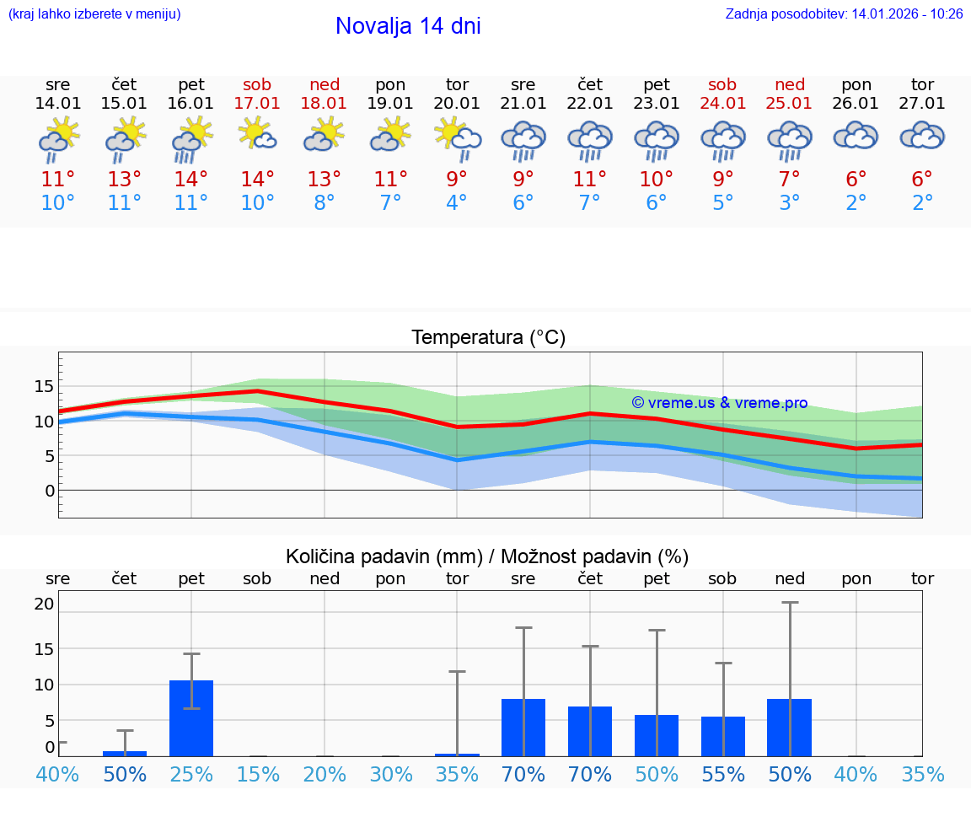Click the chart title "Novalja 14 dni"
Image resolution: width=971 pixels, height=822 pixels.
point(408,26)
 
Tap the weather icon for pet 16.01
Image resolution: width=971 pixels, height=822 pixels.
point(191,139)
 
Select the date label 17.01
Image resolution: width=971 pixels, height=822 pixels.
point(257,104)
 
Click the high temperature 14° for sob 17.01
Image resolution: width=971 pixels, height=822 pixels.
point(257,179)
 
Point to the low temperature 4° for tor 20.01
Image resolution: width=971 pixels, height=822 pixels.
point(457,203)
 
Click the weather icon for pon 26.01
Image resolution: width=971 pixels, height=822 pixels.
point(856,137)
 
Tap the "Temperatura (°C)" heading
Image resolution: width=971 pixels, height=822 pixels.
point(488,338)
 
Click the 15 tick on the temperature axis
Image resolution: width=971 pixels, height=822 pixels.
point(44,386)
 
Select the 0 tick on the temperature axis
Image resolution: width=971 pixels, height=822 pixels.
point(50,491)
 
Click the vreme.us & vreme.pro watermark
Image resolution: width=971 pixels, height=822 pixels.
point(719,403)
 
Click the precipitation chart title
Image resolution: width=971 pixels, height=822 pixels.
point(487,556)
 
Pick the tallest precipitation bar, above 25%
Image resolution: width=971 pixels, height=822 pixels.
point(191,717)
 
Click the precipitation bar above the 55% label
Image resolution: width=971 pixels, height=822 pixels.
point(723,736)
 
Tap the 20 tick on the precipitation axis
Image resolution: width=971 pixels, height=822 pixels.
point(44,604)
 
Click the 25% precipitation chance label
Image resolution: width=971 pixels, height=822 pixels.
point(191,775)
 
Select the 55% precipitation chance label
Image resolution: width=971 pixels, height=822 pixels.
point(723,775)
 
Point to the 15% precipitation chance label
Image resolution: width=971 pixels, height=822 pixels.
point(258,775)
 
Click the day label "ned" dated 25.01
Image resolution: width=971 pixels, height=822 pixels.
point(790,84)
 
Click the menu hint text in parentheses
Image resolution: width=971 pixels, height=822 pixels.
point(94,14)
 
